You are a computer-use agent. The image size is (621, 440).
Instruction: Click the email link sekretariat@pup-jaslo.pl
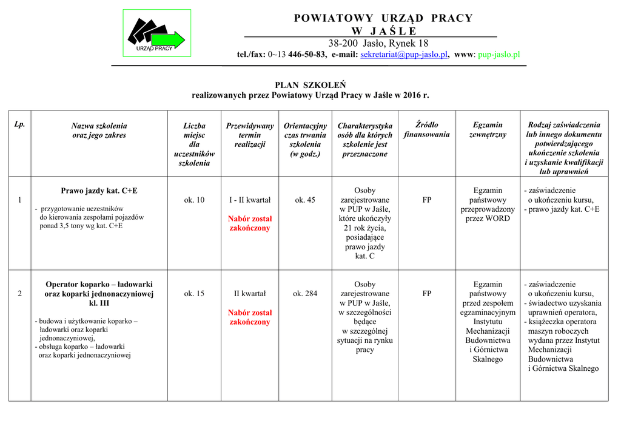404,55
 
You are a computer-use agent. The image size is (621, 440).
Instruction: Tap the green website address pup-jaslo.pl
499,55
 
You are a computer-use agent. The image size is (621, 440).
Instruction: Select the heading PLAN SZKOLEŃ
310,85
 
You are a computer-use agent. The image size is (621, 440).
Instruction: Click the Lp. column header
20,124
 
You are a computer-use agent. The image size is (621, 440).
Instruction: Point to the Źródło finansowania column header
426,130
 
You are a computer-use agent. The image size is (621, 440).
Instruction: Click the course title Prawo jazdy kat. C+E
99,191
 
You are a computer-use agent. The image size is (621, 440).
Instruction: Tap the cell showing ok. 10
194,200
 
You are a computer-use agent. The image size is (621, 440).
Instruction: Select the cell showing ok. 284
305,294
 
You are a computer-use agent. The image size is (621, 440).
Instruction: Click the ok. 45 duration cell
305,200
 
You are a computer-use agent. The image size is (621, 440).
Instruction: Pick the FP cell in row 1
427,200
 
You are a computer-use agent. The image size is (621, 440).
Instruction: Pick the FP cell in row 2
427,294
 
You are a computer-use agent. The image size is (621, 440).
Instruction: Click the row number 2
20,294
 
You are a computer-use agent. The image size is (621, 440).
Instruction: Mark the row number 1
20,200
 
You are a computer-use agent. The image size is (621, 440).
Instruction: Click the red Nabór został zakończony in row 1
250,223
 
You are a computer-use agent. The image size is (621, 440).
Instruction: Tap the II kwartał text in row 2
250,294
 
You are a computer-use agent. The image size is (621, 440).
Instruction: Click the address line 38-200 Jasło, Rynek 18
378,43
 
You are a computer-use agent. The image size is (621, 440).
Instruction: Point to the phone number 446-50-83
307,55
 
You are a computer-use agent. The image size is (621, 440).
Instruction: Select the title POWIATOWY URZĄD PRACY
383,18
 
